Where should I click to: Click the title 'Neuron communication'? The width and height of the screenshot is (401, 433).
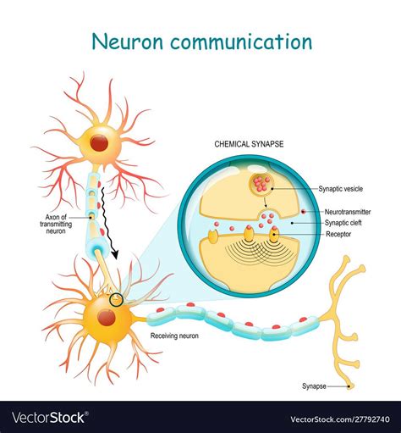tap(202, 42)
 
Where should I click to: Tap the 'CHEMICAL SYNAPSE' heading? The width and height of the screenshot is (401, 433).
tap(249, 144)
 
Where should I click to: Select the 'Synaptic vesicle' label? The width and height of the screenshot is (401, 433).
tap(340, 189)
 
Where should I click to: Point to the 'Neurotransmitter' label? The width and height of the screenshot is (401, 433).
tap(348, 212)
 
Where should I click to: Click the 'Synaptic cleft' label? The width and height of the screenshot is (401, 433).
tap(343, 223)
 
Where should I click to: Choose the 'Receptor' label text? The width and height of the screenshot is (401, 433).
tap(338, 234)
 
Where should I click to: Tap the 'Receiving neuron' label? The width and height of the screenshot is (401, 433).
tap(174, 336)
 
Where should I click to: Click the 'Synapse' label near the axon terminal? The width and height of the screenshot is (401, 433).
tap(314, 386)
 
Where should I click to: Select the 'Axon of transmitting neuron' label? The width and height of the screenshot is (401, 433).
tap(56, 224)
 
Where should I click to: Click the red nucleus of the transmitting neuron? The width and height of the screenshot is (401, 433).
tap(99, 143)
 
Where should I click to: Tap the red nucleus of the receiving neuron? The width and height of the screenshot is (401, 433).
tap(107, 318)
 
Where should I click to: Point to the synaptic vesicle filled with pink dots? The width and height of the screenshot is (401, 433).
tap(261, 183)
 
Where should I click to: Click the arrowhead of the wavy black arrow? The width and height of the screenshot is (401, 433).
tap(114, 254)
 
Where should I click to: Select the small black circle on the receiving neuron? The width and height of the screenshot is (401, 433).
tap(116, 300)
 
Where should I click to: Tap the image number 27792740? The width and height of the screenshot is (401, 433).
tap(371, 419)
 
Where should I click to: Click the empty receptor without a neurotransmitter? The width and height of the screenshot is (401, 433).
tap(212, 236)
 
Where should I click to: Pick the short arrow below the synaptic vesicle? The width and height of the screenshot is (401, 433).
tap(265, 203)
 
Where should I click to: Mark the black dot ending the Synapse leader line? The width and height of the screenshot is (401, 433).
tap(349, 386)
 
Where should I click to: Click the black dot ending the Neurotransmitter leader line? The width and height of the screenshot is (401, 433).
tap(304, 211)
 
